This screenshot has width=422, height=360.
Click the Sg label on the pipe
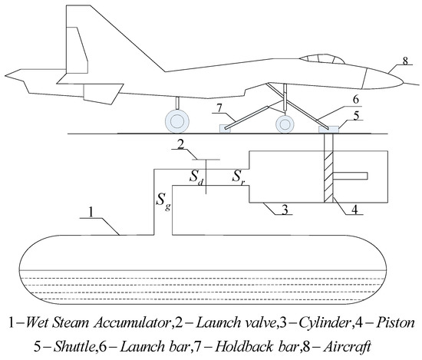(162, 201)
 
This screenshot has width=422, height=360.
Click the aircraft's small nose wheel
(285, 123)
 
